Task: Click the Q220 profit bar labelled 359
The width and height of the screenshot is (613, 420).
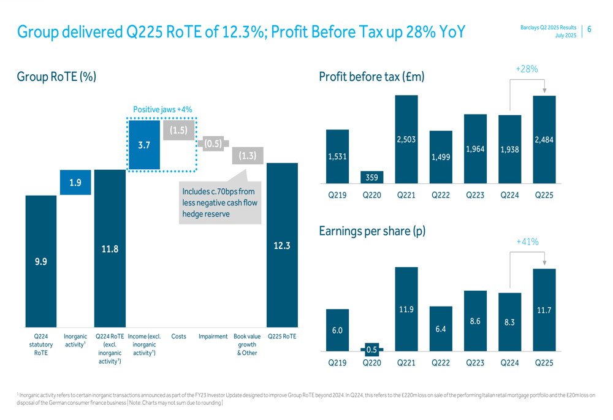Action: [372, 177]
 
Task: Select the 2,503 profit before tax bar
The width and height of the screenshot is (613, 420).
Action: [406, 140]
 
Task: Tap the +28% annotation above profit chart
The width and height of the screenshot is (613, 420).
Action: [527, 70]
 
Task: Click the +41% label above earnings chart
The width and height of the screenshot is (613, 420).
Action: [527, 243]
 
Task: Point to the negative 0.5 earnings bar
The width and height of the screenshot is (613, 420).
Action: [372, 349]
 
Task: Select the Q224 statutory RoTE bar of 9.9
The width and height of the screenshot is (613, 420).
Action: [40, 261]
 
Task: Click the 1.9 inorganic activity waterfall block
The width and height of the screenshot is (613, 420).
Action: [75, 183]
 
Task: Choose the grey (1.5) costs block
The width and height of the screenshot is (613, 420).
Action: [178, 130]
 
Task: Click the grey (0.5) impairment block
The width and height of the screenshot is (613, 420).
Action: [213, 143]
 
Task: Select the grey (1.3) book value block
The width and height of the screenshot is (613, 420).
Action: [248, 156]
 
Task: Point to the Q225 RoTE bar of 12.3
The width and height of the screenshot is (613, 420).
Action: [282, 245]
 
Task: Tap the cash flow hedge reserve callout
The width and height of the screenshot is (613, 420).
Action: [219, 203]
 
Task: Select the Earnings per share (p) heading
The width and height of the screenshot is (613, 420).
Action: [372, 232]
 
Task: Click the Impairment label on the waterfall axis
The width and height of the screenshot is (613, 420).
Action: [213, 337]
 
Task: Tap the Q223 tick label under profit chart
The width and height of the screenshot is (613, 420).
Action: [475, 196]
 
